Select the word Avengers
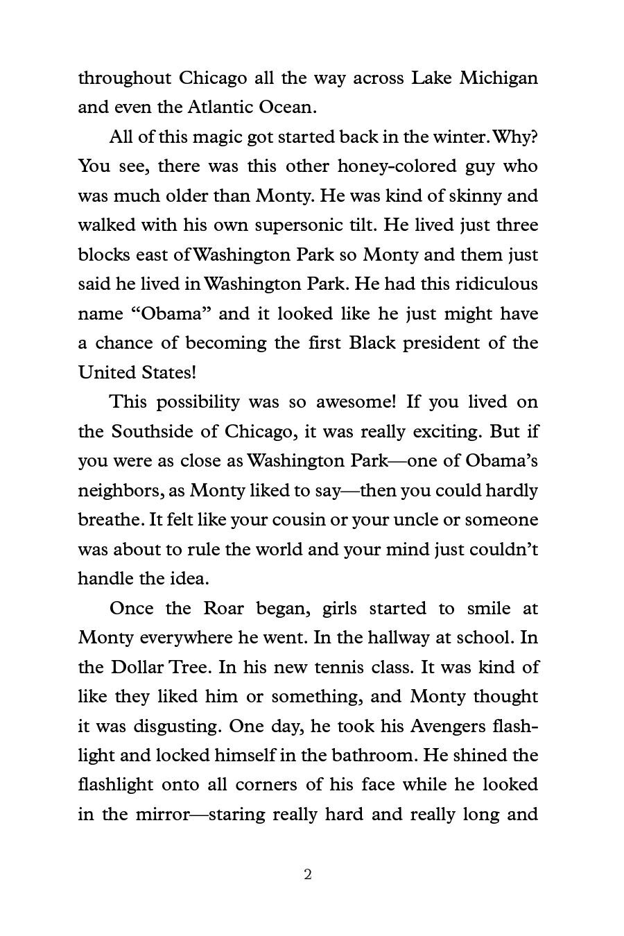(x=444, y=726)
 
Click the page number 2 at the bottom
(x=308, y=875)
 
